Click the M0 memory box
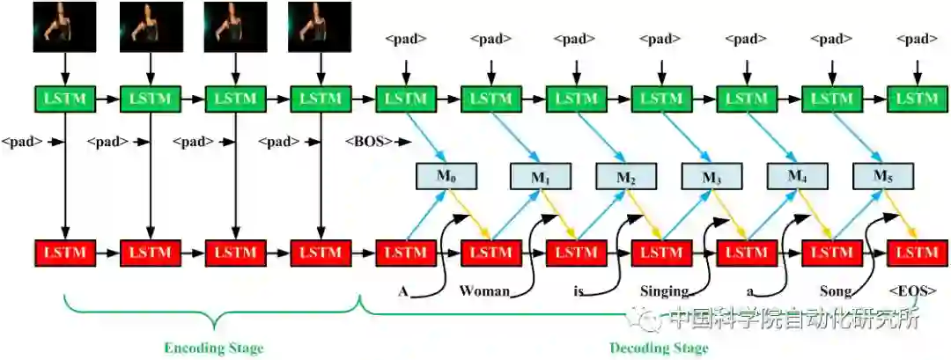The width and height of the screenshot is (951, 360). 446,177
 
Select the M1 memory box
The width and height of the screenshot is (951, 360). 542,177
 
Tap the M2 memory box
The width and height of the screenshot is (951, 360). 626,177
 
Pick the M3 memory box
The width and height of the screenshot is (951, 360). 711,177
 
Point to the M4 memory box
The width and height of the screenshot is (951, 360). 796,177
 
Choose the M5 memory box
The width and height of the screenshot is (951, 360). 883,177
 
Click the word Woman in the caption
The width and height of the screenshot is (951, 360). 484,290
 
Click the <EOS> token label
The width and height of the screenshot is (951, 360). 912,290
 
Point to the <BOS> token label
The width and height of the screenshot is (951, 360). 368,141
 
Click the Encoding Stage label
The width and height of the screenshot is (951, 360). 213,348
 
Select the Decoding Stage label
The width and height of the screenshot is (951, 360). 659,348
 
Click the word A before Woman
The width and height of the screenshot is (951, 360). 402,290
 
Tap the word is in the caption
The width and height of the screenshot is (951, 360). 578,290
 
